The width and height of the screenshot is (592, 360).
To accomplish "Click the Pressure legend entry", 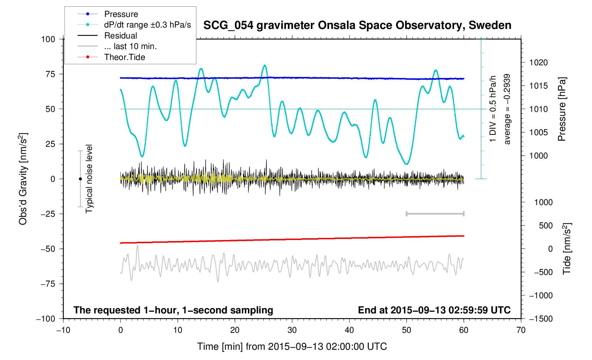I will (x=121, y=14).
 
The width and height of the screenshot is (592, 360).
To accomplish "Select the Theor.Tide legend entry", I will (x=124, y=57).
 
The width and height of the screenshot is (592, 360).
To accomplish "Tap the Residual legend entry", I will (x=120, y=36).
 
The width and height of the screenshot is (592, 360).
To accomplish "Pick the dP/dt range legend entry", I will (x=147, y=25).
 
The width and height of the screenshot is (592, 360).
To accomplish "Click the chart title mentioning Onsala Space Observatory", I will (x=357, y=25).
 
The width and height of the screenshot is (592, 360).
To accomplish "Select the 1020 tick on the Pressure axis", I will (x=538, y=63).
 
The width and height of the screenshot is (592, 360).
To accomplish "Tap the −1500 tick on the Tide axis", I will (x=540, y=319).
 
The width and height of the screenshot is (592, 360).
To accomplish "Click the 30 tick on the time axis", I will (x=292, y=330).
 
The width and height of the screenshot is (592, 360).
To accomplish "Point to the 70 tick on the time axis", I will (x=521, y=330).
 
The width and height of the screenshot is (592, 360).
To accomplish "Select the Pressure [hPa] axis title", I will (x=562, y=109).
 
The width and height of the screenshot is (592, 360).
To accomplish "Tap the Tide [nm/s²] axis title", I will (x=567, y=249).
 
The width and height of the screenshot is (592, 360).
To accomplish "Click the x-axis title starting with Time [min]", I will (x=292, y=347).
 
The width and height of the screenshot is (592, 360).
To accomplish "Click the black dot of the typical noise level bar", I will (x=80, y=179).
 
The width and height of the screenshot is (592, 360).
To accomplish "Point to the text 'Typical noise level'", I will (x=89, y=179).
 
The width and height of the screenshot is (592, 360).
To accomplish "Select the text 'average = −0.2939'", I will (x=507, y=109).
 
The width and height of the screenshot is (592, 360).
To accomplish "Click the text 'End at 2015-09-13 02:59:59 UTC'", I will (x=434, y=310).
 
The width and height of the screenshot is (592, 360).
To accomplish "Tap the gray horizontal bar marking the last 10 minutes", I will (x=435, y=214).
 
